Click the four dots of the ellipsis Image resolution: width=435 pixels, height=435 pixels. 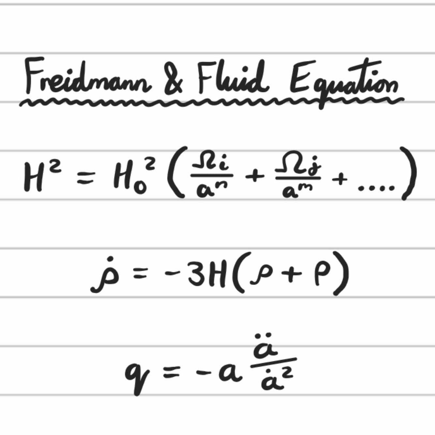point(376,188)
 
